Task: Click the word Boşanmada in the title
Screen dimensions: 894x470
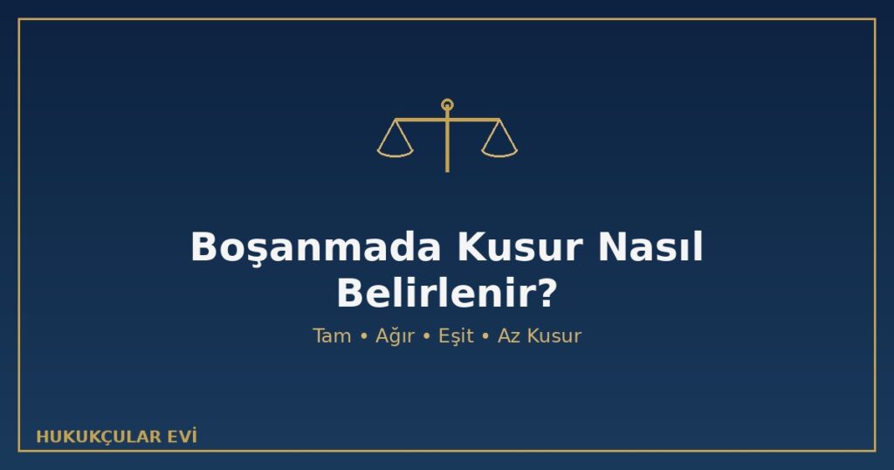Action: coord(316,248)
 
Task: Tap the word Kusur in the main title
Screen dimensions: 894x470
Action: coord(519,247)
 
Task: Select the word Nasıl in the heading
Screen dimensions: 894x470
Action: coord(650,247)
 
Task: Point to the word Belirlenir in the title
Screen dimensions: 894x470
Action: coord(437,294)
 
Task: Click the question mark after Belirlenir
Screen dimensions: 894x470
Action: coord(547,294)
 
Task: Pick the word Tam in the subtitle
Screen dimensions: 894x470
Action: coord(332,335)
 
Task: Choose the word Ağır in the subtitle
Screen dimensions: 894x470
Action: coord(395,336)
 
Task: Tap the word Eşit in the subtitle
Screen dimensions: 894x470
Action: coord(456,336)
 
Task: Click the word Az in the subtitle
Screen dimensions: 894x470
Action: coord(509,335)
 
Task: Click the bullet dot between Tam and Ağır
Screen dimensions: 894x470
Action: coord(364,336)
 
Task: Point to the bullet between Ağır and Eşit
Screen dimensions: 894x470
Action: coord(426,336)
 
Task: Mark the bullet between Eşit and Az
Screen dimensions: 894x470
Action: coord(485,336)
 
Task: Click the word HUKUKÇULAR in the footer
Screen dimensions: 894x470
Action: coord(99,437)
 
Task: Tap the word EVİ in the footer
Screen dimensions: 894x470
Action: coord(182,436)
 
